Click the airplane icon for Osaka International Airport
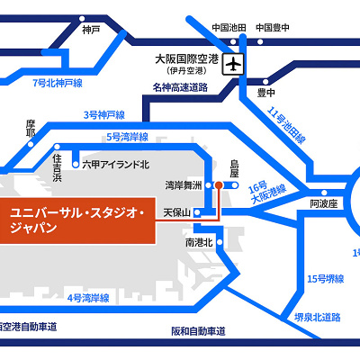[x=236, y=66]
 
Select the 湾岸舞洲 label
[x=184, y=185]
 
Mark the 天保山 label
[x=178, y=212]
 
